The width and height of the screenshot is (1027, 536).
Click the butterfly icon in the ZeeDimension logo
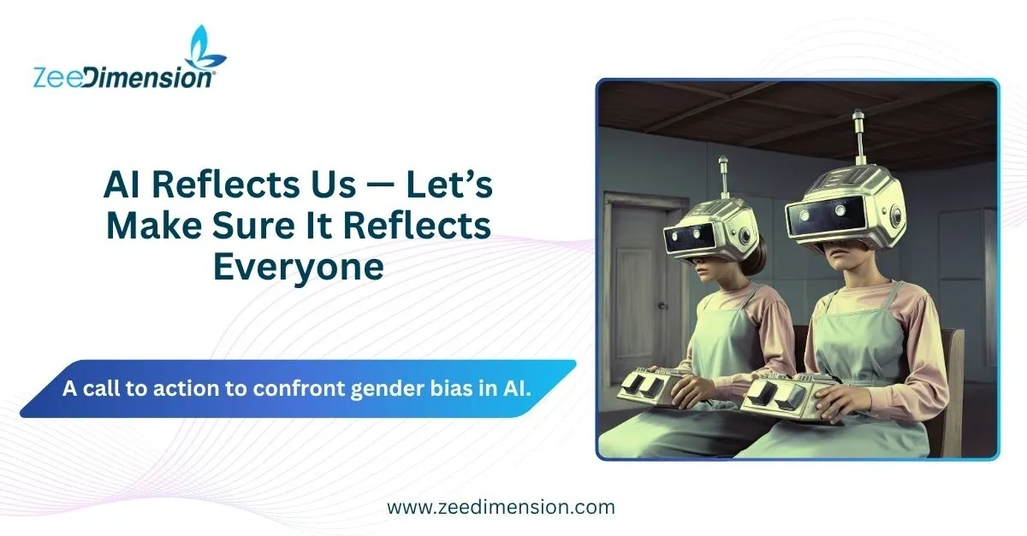coord(204,48)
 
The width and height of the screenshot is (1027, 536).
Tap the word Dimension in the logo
coord(149,77)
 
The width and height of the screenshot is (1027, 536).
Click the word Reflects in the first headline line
coord(226,185)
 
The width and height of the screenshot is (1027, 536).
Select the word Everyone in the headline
coord(299,267)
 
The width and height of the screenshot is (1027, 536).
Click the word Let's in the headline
coord(448,185)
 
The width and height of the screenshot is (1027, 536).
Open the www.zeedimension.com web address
coord(501,507)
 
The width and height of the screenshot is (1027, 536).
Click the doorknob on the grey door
coord(661,306)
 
